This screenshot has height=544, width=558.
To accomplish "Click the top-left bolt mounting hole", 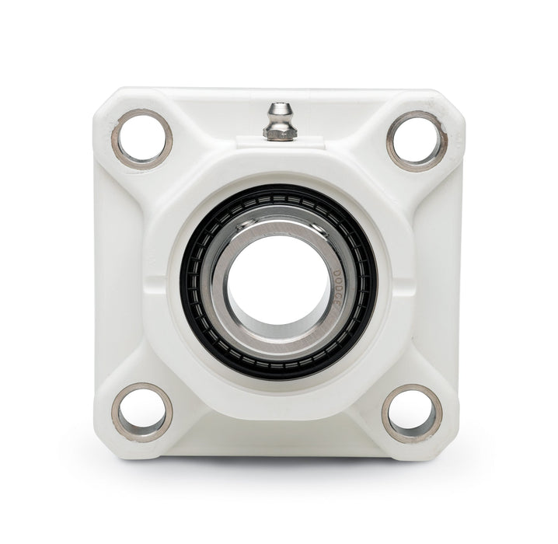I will (x=143, y=138).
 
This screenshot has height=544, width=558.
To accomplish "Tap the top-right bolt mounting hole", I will (x=417, y=141).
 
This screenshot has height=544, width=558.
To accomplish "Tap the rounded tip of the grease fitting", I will (x=277, y=109).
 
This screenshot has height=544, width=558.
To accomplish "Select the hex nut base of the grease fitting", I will (x=277, y=133).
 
